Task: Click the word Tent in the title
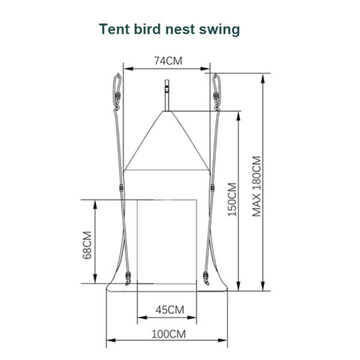(115, 29)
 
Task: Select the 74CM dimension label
(168, 61)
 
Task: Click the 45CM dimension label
(170, 310)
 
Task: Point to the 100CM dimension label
(169, 334)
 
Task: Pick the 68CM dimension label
(87, 245)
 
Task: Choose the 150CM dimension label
(232, 199)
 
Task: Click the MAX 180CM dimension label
(257, 186)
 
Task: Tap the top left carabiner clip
(118, 92)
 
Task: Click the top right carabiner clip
(216, 92)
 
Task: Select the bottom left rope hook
(128, 278)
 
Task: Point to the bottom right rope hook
(206, 278)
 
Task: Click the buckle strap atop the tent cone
(167, 95)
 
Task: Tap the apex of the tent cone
(167, 112)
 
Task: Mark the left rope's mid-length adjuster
(121, 188)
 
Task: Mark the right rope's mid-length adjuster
(212, 188)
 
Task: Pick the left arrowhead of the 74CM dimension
(128, 68)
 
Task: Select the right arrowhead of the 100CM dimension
(223, 340)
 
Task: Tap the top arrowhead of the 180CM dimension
(263, 79)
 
